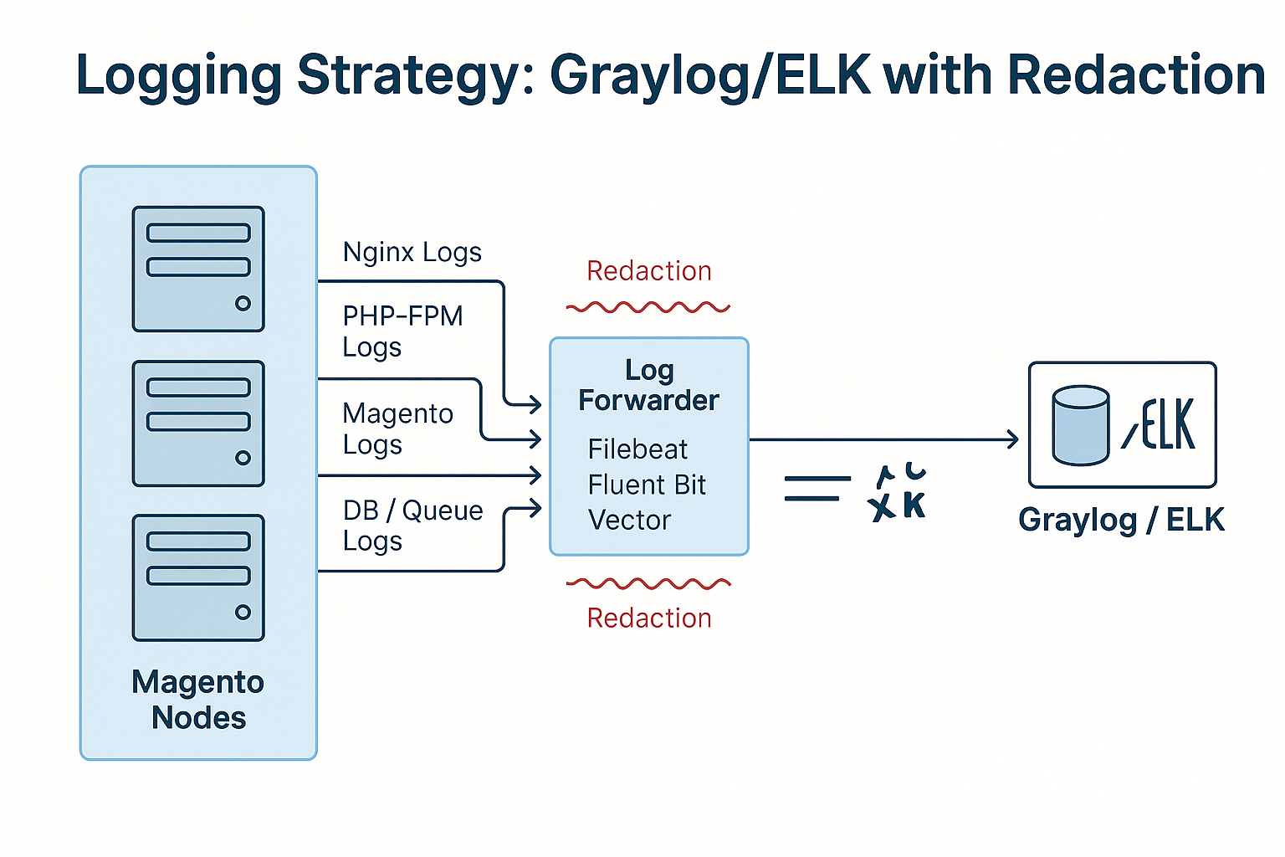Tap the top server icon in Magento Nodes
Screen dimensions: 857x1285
point(198,269)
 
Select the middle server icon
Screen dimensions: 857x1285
point(198,423)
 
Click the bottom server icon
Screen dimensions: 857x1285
point(198,577)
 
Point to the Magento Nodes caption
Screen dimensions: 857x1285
point(198,700)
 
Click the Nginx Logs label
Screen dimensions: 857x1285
point(412,252)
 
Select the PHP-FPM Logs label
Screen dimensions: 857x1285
point(402,331)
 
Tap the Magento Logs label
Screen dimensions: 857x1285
point(398,428)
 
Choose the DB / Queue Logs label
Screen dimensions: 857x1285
point(412,526)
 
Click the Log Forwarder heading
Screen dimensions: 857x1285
point(649,385)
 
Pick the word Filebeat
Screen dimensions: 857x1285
point(637,449)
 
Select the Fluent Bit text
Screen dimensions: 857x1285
point(647,485)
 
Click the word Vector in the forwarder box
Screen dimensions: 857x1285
point(629,521)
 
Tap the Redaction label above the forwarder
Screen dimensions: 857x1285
point(649,271)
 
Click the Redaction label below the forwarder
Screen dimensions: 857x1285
point(649,618)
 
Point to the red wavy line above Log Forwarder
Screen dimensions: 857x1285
point(648,308)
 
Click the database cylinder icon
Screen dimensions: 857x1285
point(1081,425)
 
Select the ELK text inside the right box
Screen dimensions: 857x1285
point(1168,424)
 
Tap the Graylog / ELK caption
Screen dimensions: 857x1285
point(1121,520)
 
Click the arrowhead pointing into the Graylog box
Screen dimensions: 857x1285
point(1013,439)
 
